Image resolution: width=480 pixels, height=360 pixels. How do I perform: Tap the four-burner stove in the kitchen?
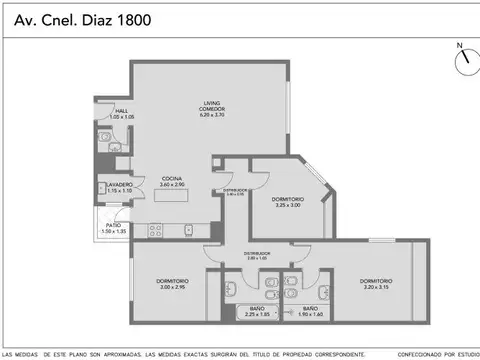point(156,230)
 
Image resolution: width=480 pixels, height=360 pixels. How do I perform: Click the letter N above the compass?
point(459,45)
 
